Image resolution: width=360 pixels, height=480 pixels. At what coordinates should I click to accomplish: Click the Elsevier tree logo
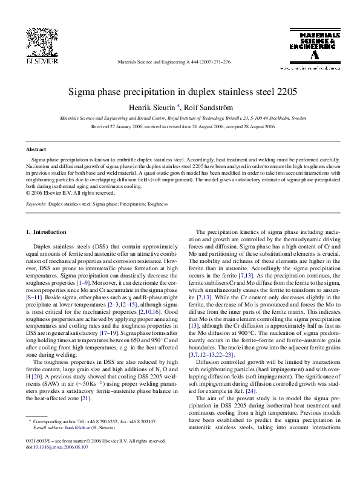coord(39,43)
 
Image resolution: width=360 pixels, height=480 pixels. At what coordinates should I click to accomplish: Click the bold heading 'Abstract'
coord(36,149)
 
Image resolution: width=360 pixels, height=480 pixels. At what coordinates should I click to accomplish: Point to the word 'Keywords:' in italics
coord(36,204)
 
